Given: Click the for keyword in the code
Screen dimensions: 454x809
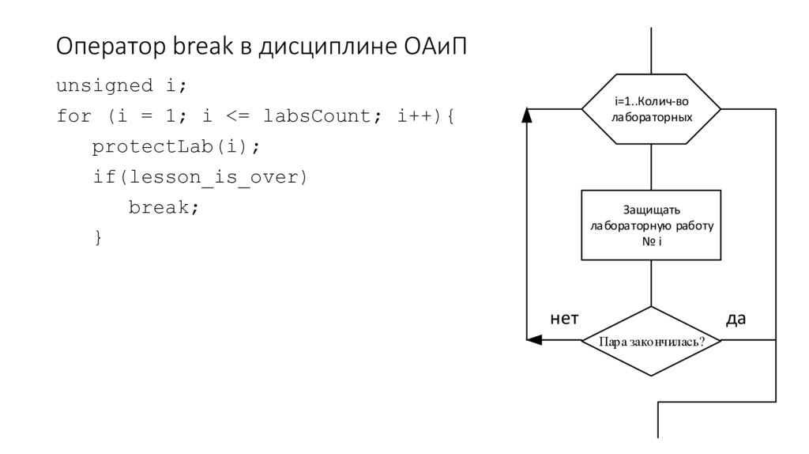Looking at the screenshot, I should (x=73, y=116).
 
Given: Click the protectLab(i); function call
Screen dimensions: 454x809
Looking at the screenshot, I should (x=175, y=147).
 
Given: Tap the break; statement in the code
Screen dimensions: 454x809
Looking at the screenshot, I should (x=164, y=207).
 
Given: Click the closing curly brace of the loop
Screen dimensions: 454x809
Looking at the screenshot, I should (x=98, y=237).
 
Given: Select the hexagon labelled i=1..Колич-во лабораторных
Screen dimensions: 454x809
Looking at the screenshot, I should (x=652, y=110).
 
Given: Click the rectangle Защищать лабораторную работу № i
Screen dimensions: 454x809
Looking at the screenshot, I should (x=652, y=225).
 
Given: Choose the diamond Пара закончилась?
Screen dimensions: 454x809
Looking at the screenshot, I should (x=652, y=342).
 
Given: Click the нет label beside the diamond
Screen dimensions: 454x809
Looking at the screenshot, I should (x=564, y=319).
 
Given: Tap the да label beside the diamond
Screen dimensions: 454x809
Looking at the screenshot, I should (x=736, y=319).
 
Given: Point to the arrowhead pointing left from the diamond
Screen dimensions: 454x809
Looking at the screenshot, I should (x=534, y=341).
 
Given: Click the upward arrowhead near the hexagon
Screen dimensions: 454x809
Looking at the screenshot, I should (x=527, y=116).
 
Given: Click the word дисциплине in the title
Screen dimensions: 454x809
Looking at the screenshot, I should (x=320, y=47).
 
